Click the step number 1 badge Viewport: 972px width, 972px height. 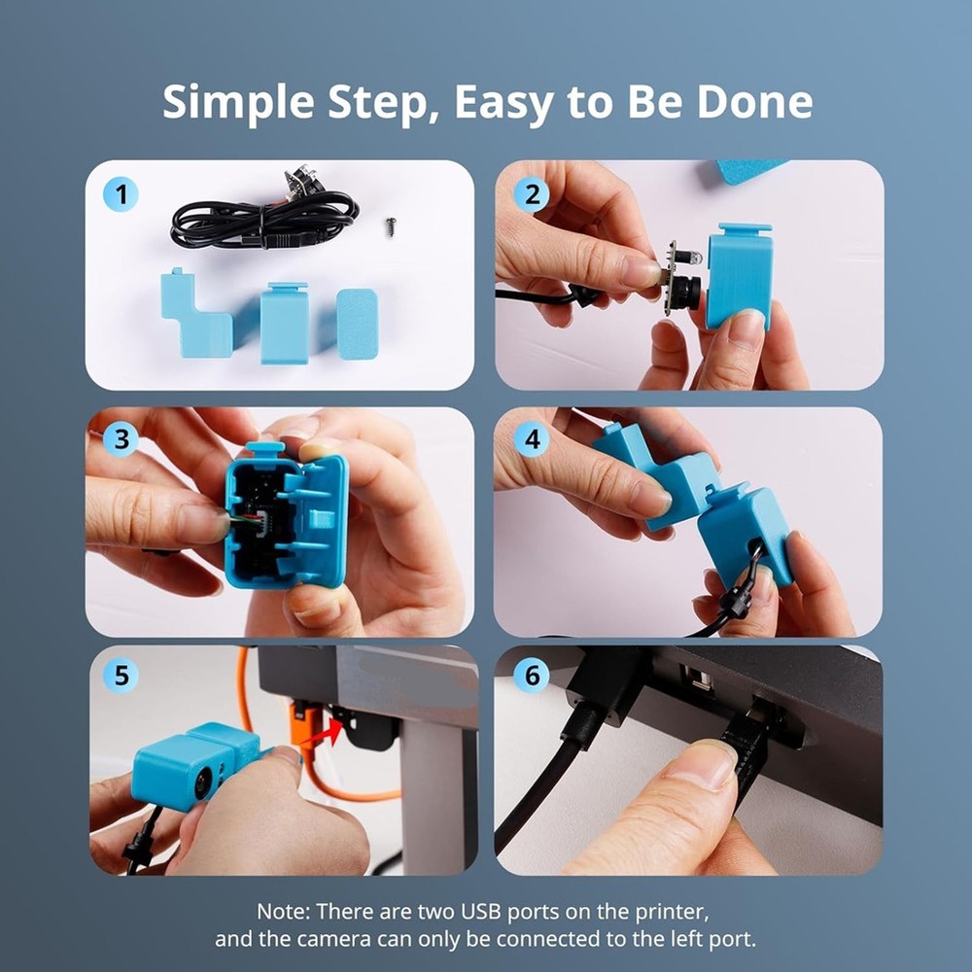click(121, 195)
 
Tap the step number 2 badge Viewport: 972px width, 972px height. click(531, 195)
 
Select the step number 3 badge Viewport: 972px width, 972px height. click(121, 439)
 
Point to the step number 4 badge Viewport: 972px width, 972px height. click(531, 439)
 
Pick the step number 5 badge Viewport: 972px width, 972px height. click(121, 675)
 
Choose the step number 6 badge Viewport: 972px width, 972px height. click(531, 675)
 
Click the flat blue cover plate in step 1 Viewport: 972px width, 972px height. click(357, 324)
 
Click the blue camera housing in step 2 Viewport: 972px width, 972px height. click(740, 277)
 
